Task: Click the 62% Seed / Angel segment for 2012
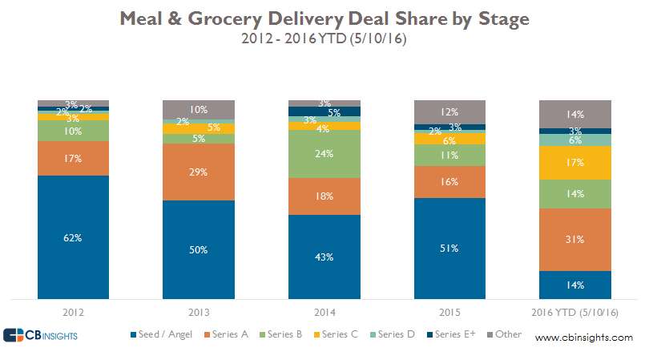tap(74, 237)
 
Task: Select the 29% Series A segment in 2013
tap(199, 172)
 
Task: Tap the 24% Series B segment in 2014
tap(324, 154)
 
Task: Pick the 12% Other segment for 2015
tap(449, 112)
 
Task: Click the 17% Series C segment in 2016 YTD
tap(575, 163)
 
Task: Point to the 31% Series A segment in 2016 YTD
tap(575, 239)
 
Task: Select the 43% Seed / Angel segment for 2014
tap(324, 256)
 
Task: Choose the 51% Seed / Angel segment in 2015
tap(449, 248)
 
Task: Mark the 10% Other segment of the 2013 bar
tap(199, 110)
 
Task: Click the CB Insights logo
tap(40, 335)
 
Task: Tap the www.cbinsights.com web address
tap(583, 338)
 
